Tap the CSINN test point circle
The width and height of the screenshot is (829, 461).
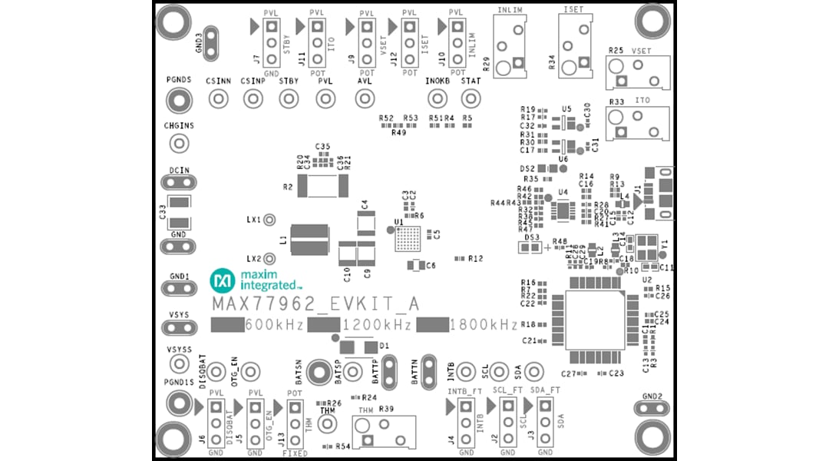pos(219,98)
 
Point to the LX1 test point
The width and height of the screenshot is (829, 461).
pos(269,220)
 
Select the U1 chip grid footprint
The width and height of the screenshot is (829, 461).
pos(408,239)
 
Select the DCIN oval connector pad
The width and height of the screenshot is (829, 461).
pos(179,183)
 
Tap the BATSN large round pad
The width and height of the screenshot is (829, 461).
pos(317,372)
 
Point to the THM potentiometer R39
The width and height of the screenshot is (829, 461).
pos(382,433)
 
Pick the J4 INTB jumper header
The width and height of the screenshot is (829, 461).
pos(466,425)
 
